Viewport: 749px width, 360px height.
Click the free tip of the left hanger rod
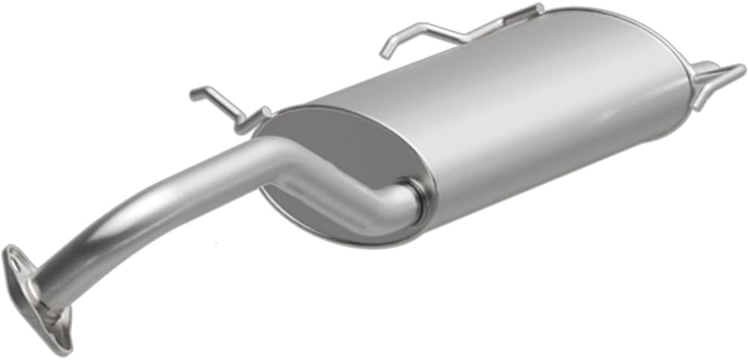pos(193,94)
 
